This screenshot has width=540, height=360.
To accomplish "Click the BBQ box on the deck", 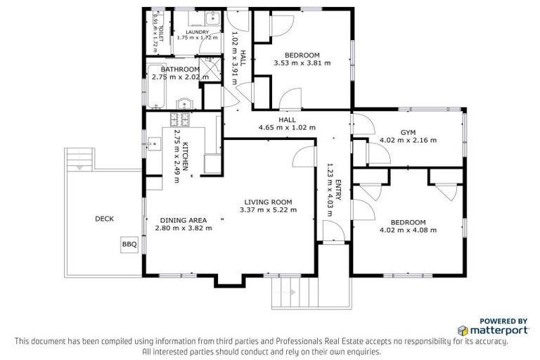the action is click(x=129, y=245).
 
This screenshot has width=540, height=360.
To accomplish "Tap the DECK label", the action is click(x=104, y=219).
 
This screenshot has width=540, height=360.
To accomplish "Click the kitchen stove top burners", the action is click(x=180, y=120).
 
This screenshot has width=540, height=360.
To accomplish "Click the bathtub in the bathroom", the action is click(x=156, y=86).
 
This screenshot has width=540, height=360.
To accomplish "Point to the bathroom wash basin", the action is click(x=185, y=103).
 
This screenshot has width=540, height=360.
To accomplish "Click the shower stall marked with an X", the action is click(x=210, y=69).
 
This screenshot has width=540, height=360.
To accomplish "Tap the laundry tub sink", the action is click(x=214, y=18).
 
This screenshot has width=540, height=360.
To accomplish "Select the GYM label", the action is click(x=408, y=132).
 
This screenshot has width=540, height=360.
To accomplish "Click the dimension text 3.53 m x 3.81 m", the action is click(x=302, y=63).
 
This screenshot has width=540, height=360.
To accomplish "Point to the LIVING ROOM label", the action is click(x=268, y=202).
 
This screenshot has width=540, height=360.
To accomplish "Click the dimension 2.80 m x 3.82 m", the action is click(x=184, y=228).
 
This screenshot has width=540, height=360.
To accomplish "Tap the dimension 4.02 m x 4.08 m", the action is click(x=408, y=230).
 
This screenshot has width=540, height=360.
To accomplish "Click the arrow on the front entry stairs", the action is click(x=293, y=292).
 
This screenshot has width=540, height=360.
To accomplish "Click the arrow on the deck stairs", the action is click(x=79, y=168).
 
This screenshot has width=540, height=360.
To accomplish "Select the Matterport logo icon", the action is click(x=463, y=330).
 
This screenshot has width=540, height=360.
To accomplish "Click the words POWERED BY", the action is click(x=503, y=321).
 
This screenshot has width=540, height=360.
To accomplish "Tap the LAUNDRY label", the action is click(x=198, y=32).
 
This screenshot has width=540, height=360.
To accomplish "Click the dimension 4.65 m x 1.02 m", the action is click(x=287, y=127).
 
